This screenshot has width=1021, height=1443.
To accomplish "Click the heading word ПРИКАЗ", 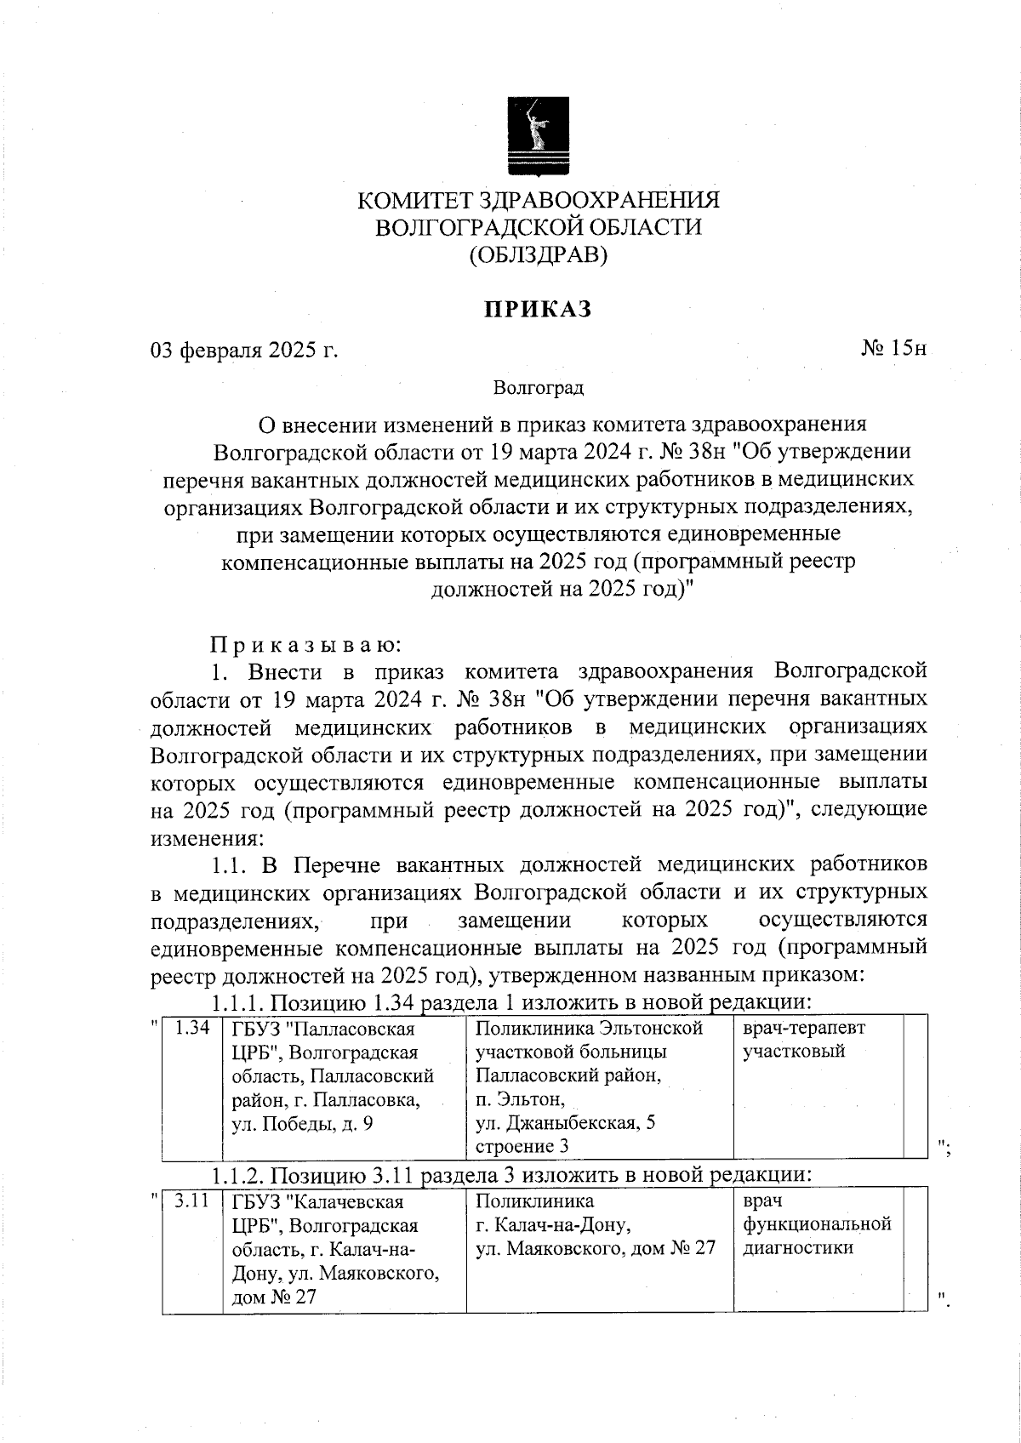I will [x=538, y=310].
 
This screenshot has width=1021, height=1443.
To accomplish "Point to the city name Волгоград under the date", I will [x=538, y=389].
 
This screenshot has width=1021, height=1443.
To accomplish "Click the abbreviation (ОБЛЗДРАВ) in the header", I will [x=538, y=254].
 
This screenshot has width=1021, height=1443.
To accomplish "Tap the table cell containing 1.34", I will [x=191, y=1028].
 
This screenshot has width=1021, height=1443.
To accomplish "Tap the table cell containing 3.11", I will [x=191, y=1202].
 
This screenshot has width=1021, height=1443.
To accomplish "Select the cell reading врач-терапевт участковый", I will [x=803, y=1040].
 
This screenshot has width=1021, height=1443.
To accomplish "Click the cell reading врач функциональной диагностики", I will [x=816, y=1225].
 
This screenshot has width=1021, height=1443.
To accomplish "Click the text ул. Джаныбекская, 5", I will [x=565, y=1123].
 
